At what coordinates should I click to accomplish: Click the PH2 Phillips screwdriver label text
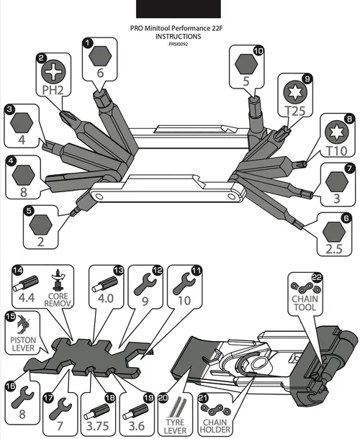coord(53,90)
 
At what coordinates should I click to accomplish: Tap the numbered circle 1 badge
coord(88,43)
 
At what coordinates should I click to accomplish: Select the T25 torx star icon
coord(295,92)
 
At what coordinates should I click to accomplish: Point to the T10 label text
coord(337,151)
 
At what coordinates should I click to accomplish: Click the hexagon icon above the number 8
coord(24,175)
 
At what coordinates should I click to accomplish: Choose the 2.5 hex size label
coord(334,248)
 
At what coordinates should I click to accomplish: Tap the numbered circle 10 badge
coord(259,50)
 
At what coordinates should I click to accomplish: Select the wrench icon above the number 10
coord(184,284)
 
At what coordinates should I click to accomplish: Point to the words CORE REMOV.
coord(58,300)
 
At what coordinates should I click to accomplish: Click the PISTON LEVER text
coord(23,344)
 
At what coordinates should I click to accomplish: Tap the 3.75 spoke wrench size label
coord(97,426)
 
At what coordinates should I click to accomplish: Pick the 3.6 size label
coord(136,426)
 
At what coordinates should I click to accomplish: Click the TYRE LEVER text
coord(176,426)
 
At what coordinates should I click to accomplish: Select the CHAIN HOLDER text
coord(215,426)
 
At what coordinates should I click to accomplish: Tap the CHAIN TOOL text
coord(305,303)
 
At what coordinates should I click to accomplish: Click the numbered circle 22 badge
coord(317,278)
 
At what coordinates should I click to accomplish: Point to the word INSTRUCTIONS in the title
coord(178,37)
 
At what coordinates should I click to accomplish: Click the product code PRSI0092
coord(178,44)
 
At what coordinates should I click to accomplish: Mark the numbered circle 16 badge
coord(10,386)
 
